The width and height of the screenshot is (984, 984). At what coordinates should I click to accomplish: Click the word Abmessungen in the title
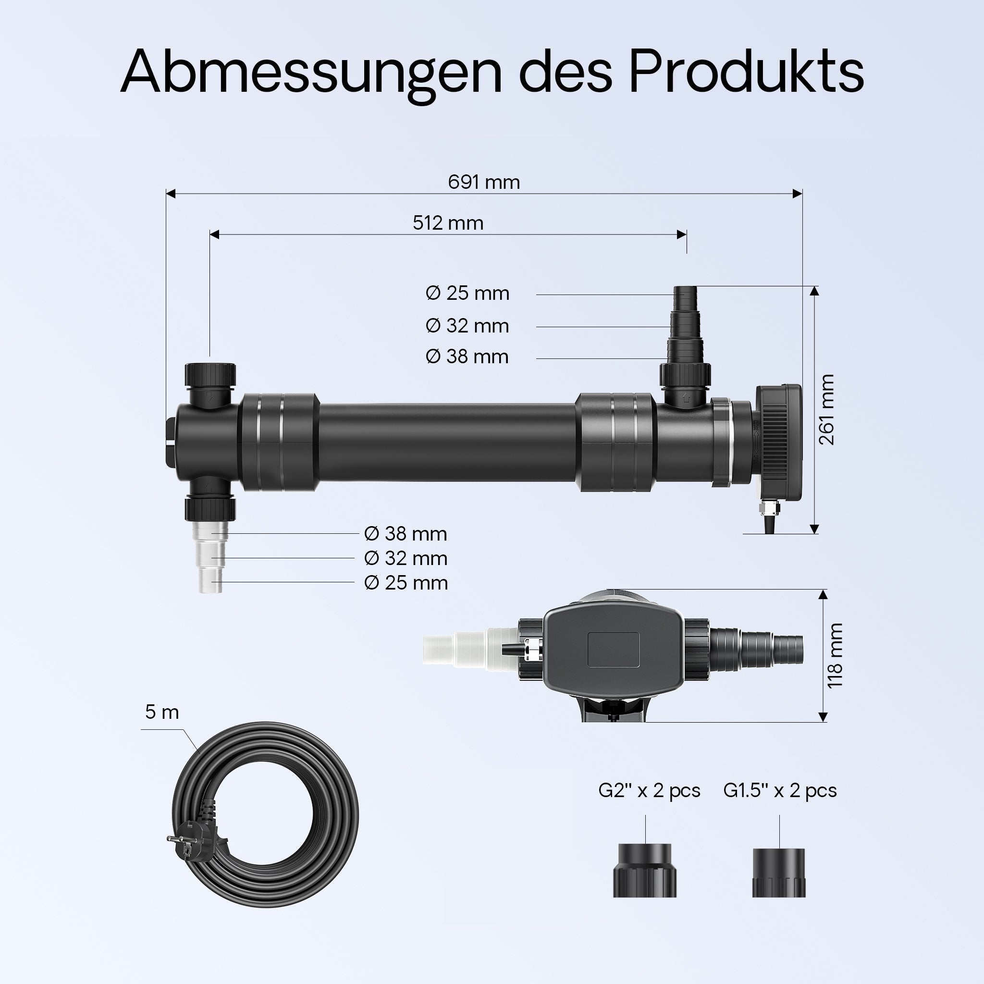point(311,73)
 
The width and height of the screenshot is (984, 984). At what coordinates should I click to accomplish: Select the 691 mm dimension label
point(484,182)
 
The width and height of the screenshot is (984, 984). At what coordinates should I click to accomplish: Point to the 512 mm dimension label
point(448,223)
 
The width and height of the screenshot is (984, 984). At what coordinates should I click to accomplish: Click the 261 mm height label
point(826,409)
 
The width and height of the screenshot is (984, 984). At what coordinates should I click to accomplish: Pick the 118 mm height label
point(835,655)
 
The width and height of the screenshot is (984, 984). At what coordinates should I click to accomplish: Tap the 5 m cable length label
point(162,712)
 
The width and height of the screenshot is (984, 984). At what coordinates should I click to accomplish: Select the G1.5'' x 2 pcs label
point(780,790)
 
